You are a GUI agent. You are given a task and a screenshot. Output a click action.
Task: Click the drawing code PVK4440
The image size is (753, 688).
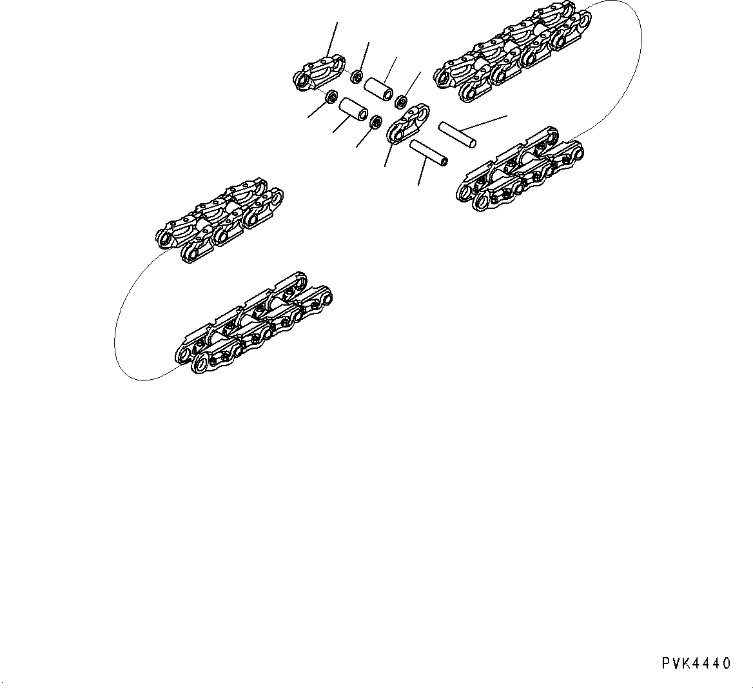(x=695, y=663)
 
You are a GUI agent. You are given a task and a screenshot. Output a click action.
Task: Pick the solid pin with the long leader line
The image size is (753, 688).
(x=457, y=133)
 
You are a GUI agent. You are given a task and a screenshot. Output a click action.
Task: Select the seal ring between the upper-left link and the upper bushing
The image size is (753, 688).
(x=355, y=77)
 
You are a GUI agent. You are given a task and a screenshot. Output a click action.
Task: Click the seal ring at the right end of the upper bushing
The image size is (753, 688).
(x=400, y=101)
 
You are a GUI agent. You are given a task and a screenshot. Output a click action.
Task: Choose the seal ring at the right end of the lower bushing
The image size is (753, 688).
(x=374, y=121)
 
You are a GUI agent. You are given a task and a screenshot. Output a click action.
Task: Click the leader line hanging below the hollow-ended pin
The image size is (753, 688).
(x=422, y=173)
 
